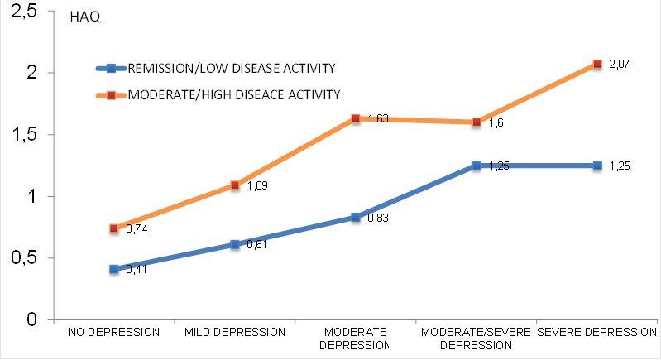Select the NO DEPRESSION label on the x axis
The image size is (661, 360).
click(114, 332)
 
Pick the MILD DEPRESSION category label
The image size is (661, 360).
click(235, 332)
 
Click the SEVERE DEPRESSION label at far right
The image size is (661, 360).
click(596, 332)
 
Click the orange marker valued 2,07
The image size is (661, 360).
click(596, 64)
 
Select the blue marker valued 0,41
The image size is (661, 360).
click(114, 269)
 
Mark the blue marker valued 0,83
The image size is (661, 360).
click(356, 217)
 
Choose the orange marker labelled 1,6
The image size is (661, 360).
click(477, 122)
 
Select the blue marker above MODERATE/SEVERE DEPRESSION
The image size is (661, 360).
click(477, 166)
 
